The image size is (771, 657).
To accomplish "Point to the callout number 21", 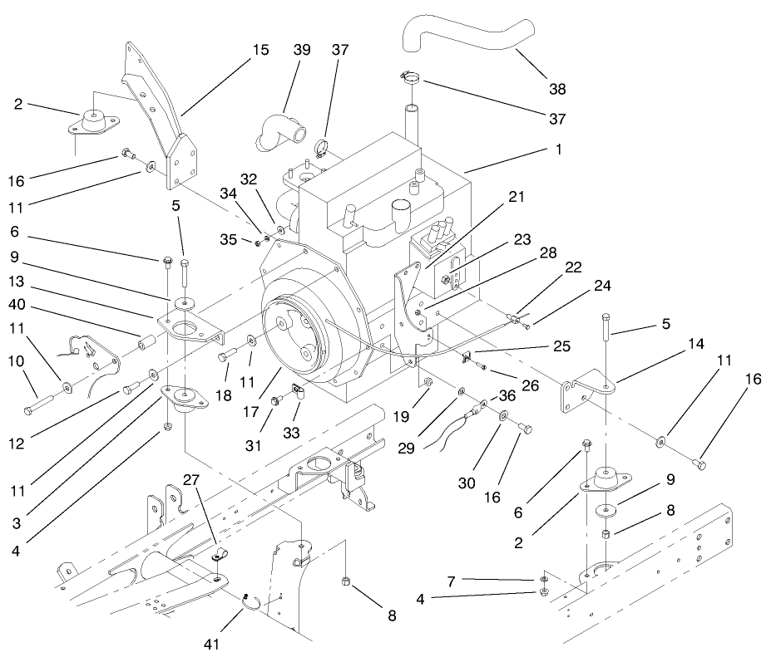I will pyautogui.click(x=516, y=197).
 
